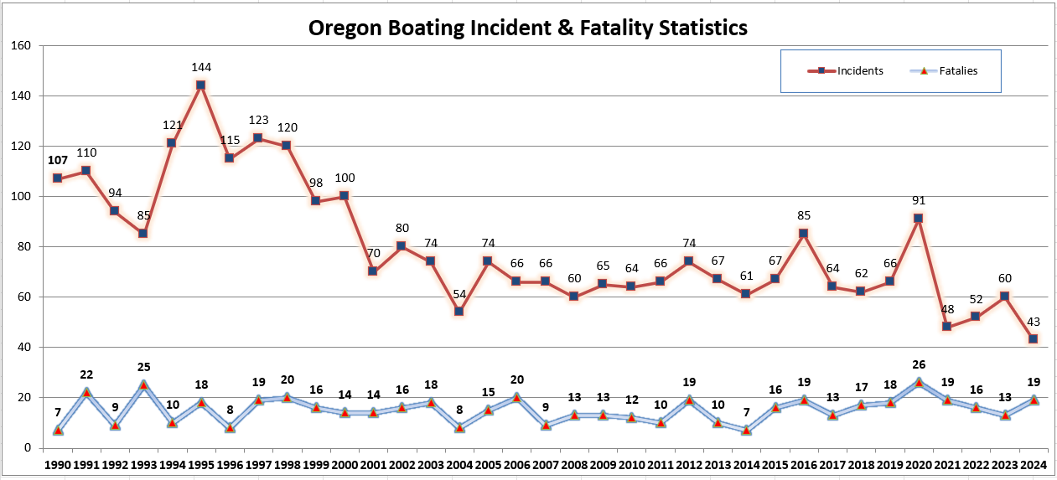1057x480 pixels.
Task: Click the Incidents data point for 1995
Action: [x=200, y=85]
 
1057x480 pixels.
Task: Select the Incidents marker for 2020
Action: [x=918, y=218]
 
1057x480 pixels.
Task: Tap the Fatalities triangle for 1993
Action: [x=143, y=385]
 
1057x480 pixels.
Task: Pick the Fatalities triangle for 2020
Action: [x=918, y=382]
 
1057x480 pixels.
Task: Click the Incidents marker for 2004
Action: [x=459, y=312]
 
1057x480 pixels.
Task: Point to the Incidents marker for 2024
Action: [x=1033, y=338]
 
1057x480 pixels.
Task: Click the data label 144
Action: [x=200, y=67]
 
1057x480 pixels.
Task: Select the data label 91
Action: [x=918, y=200]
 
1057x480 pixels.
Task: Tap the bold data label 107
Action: [x=57, y=161]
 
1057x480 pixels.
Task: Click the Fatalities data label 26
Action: [x=918, y=364]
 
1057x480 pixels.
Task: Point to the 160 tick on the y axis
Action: [x=18, y=45]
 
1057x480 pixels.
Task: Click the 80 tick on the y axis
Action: [x=21, y=246]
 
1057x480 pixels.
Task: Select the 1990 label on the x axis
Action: [x=57, y=463]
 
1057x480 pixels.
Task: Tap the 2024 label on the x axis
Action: [x=1033, y=463]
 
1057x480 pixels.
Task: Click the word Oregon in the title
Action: [x=343, y=28]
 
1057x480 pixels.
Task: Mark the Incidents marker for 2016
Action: [x=803, y=233]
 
